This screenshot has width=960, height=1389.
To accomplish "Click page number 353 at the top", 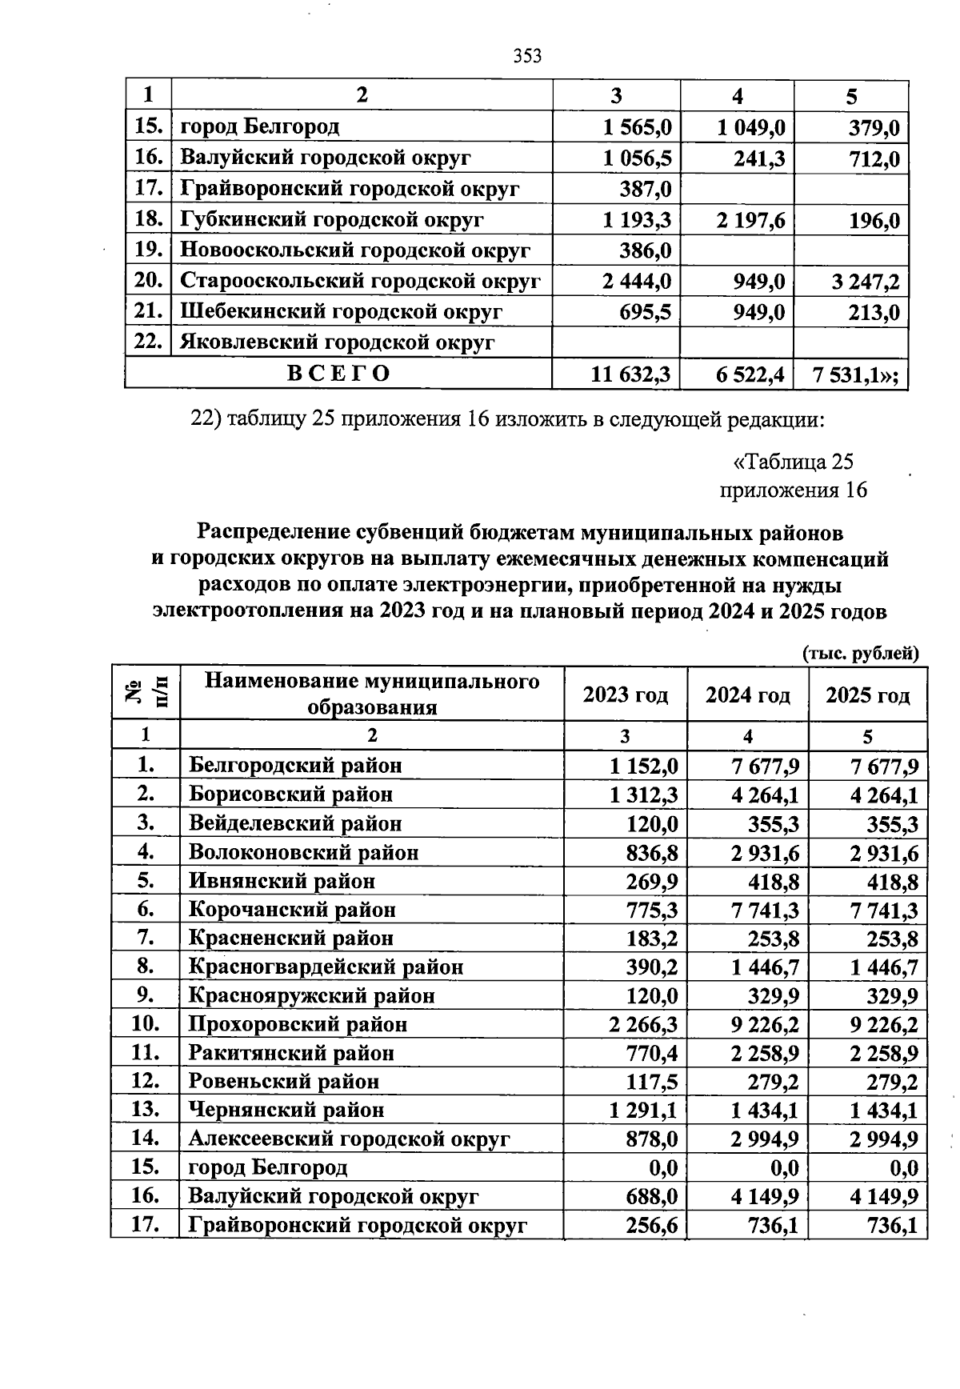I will click(x=527, y=56).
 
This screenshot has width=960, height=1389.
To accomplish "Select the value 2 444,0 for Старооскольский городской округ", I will click(x=637, y=282).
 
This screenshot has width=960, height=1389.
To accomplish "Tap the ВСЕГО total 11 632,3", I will click(x=630, y=374).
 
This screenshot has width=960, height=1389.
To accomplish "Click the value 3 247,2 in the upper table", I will click(x=866, y=282).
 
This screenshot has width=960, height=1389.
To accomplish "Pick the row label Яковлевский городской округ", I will click(x=337, y=343).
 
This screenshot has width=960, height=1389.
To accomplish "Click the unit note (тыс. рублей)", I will click(x=860, y=654).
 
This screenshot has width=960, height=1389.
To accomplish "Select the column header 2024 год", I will click(x=747, y=695).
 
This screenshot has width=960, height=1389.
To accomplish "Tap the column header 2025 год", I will click(x=867, y=695).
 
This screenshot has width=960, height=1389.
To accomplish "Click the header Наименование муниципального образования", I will click(x=372, y=694).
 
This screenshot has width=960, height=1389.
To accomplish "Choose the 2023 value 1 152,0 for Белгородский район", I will click(x=643, y=767).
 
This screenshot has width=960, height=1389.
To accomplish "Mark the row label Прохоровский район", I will click(x=298, y=1024).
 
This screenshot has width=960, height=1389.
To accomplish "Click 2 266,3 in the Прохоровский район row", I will click(x=643, y=1025).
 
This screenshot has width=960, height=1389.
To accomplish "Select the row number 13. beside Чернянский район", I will click(x=145, y=1110).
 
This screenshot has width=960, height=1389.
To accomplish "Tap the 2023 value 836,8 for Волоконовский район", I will click(x=652, y=853).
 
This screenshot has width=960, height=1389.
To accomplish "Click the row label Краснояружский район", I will click(x=311, y=996).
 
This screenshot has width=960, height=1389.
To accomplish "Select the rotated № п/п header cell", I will click(x=146, y=693).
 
